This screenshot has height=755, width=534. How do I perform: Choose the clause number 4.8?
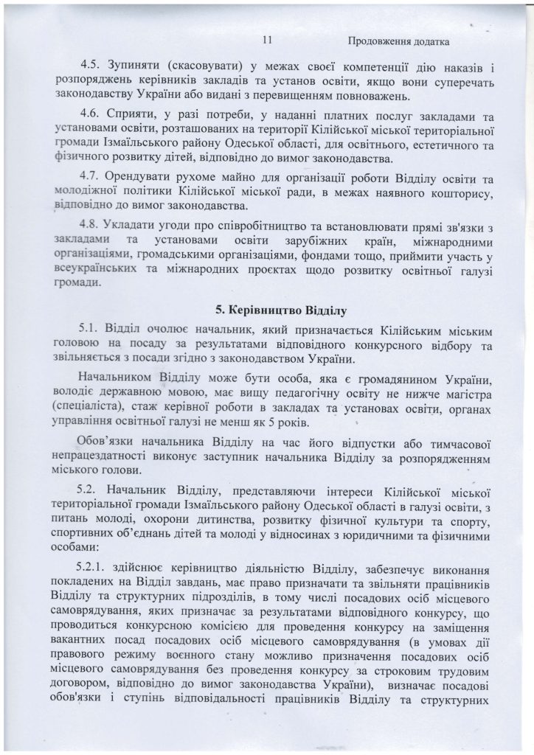click(x=91, y=223)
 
